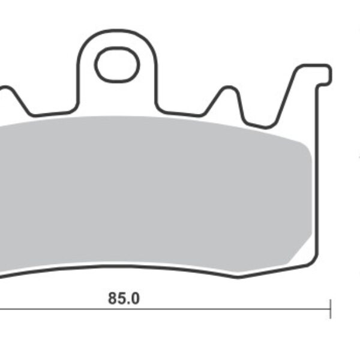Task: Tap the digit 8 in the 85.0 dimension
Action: click(x=113, y=298)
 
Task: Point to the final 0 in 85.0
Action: click(x=135, y=298)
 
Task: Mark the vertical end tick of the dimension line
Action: click(x=331, y=309)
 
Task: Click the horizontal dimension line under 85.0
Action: click(x=166, y=309)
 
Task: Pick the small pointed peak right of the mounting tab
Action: click(x=229, y=88)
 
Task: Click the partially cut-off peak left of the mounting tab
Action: click(x=6, y=88)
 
